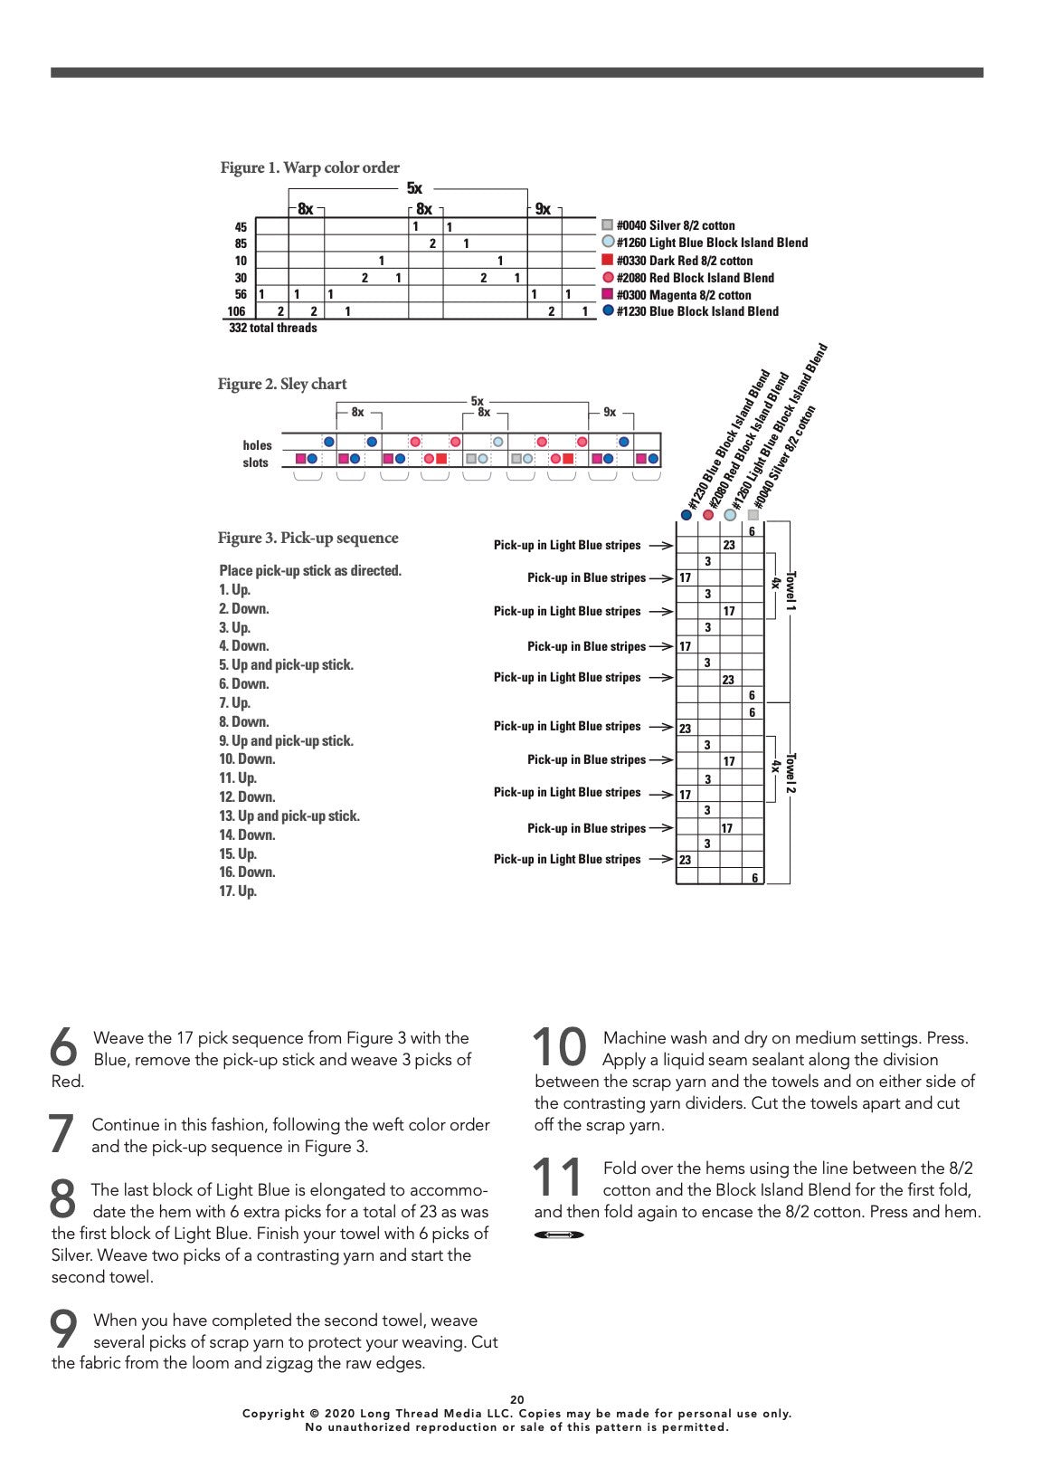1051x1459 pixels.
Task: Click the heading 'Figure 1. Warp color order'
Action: [309, 167]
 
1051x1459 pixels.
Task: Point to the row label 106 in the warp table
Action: [236, 311]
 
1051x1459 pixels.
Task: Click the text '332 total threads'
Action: [273, 329]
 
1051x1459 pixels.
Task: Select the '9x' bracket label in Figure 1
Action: [543, 209]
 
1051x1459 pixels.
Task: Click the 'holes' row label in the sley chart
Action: [257, 445]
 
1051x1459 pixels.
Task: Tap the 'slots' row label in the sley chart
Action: [256, 462]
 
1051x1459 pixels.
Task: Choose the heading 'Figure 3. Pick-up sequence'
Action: [308, 539]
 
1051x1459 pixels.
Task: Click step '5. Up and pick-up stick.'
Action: [286, 665]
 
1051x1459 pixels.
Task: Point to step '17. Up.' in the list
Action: [238, 892]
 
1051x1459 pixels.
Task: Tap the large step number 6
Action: [64, 1047]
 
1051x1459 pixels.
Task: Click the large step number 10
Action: [560, 1047]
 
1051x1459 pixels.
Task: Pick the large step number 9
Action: [64, 1330]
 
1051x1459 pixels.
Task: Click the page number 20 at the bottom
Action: [517, 1399]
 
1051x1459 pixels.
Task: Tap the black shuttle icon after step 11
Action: [559, 1235]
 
